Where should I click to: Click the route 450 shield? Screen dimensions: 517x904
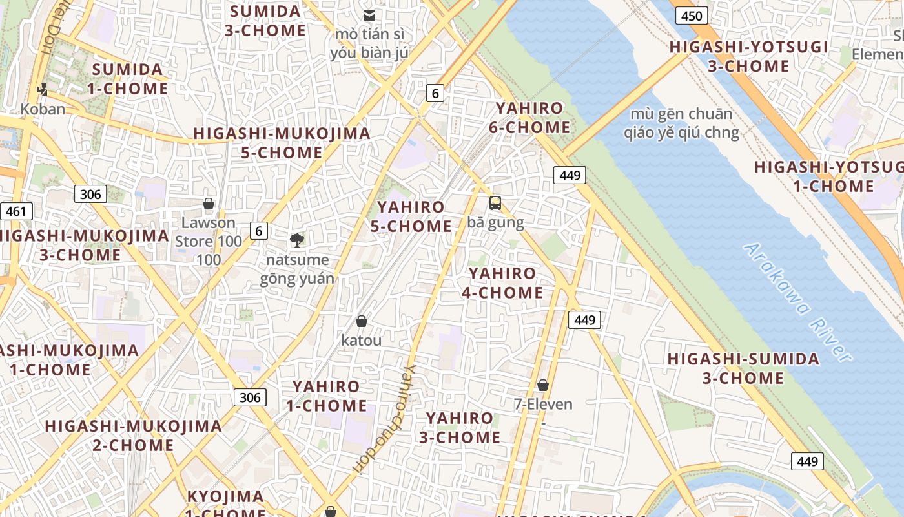pos(692,16)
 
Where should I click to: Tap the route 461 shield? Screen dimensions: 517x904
pos(15,211)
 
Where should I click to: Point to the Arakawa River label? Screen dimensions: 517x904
pos(797,302)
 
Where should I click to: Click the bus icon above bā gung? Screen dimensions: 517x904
pos(495,203)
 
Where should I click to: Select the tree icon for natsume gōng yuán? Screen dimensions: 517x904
pos(297,240)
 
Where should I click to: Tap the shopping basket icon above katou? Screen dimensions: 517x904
pos(362,321)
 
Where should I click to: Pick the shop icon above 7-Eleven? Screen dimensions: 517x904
pos(543,385)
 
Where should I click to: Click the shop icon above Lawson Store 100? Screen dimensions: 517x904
pos(209,204)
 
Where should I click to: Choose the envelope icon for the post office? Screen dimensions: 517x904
pos(369,16)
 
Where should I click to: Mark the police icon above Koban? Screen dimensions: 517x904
pos(43,90)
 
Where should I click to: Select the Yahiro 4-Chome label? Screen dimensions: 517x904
pos(502,283)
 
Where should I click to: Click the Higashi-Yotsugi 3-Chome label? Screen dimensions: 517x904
pos(748,56)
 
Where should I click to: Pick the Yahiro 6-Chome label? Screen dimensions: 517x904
pos(529,118)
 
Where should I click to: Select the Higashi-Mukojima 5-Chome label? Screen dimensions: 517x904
pos(282,143)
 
